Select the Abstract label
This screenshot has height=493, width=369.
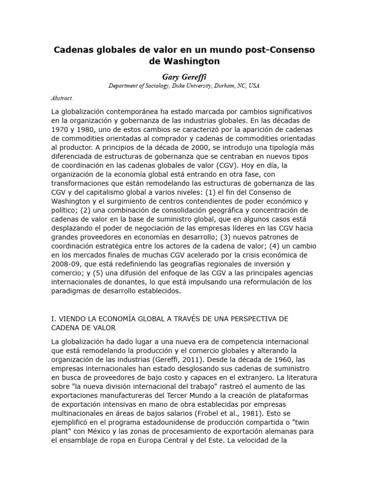tap(62, 98)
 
